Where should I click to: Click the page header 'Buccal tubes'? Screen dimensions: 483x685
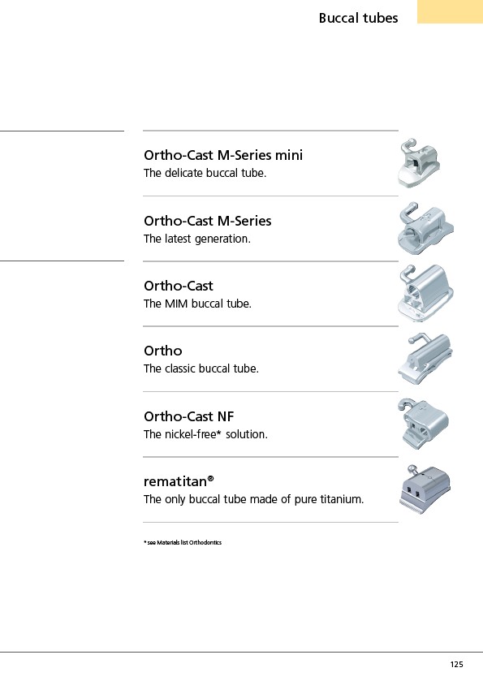point(358,18)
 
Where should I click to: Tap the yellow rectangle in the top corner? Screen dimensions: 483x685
point(450,11)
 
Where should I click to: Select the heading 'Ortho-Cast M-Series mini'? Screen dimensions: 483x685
point(223,155)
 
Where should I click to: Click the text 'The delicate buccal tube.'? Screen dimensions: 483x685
point(205,173)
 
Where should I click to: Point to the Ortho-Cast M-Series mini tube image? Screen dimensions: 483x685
point(418,163)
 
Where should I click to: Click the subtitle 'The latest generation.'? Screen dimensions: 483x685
point(197,239)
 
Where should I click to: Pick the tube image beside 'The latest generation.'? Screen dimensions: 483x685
point(425,229)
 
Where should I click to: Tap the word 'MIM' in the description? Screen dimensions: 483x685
point(177,304)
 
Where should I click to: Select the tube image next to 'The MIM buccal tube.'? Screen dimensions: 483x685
point(425,293)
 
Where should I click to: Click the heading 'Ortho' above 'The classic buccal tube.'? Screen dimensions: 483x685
point(162,351)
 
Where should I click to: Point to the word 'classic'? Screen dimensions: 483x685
point(182,368)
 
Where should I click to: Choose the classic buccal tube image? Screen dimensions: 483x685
point(425,359)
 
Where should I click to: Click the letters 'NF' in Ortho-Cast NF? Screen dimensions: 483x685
point(225,416)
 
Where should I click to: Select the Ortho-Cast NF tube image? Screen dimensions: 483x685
point(423,424)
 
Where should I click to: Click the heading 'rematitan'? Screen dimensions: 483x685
point(179,481)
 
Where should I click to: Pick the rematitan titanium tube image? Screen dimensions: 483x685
point(425,489)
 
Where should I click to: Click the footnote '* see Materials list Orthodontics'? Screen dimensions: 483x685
point(183,543)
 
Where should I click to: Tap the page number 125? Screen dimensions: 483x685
point(456,665)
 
